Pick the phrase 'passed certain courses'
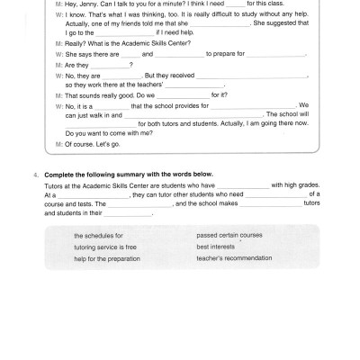point(229,235)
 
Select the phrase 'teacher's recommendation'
point(233,259)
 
